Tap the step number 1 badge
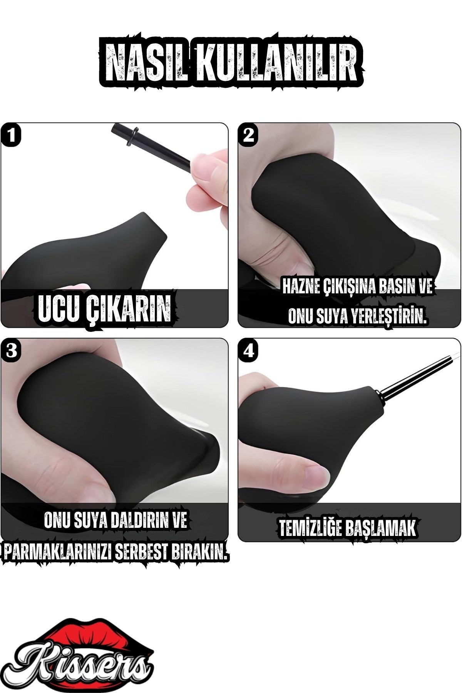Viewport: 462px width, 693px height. [x=12, y=135]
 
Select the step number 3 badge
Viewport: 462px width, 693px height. [x=12, y=351]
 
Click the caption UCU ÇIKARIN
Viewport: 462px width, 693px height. [x=104, y=308]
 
